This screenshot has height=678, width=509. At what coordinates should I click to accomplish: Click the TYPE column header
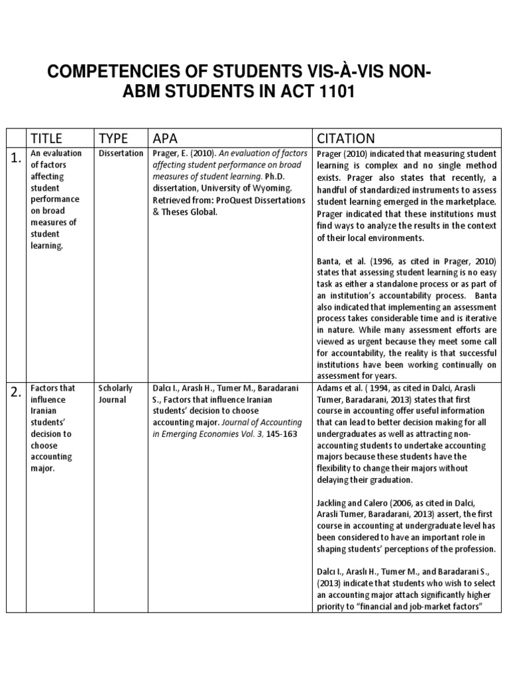point(113,138)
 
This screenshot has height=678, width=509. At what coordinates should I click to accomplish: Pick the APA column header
point(166,138)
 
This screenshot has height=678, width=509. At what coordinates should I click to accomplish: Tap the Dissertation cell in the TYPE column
point(120,154)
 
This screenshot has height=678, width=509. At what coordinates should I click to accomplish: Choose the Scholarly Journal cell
point(115,394)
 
